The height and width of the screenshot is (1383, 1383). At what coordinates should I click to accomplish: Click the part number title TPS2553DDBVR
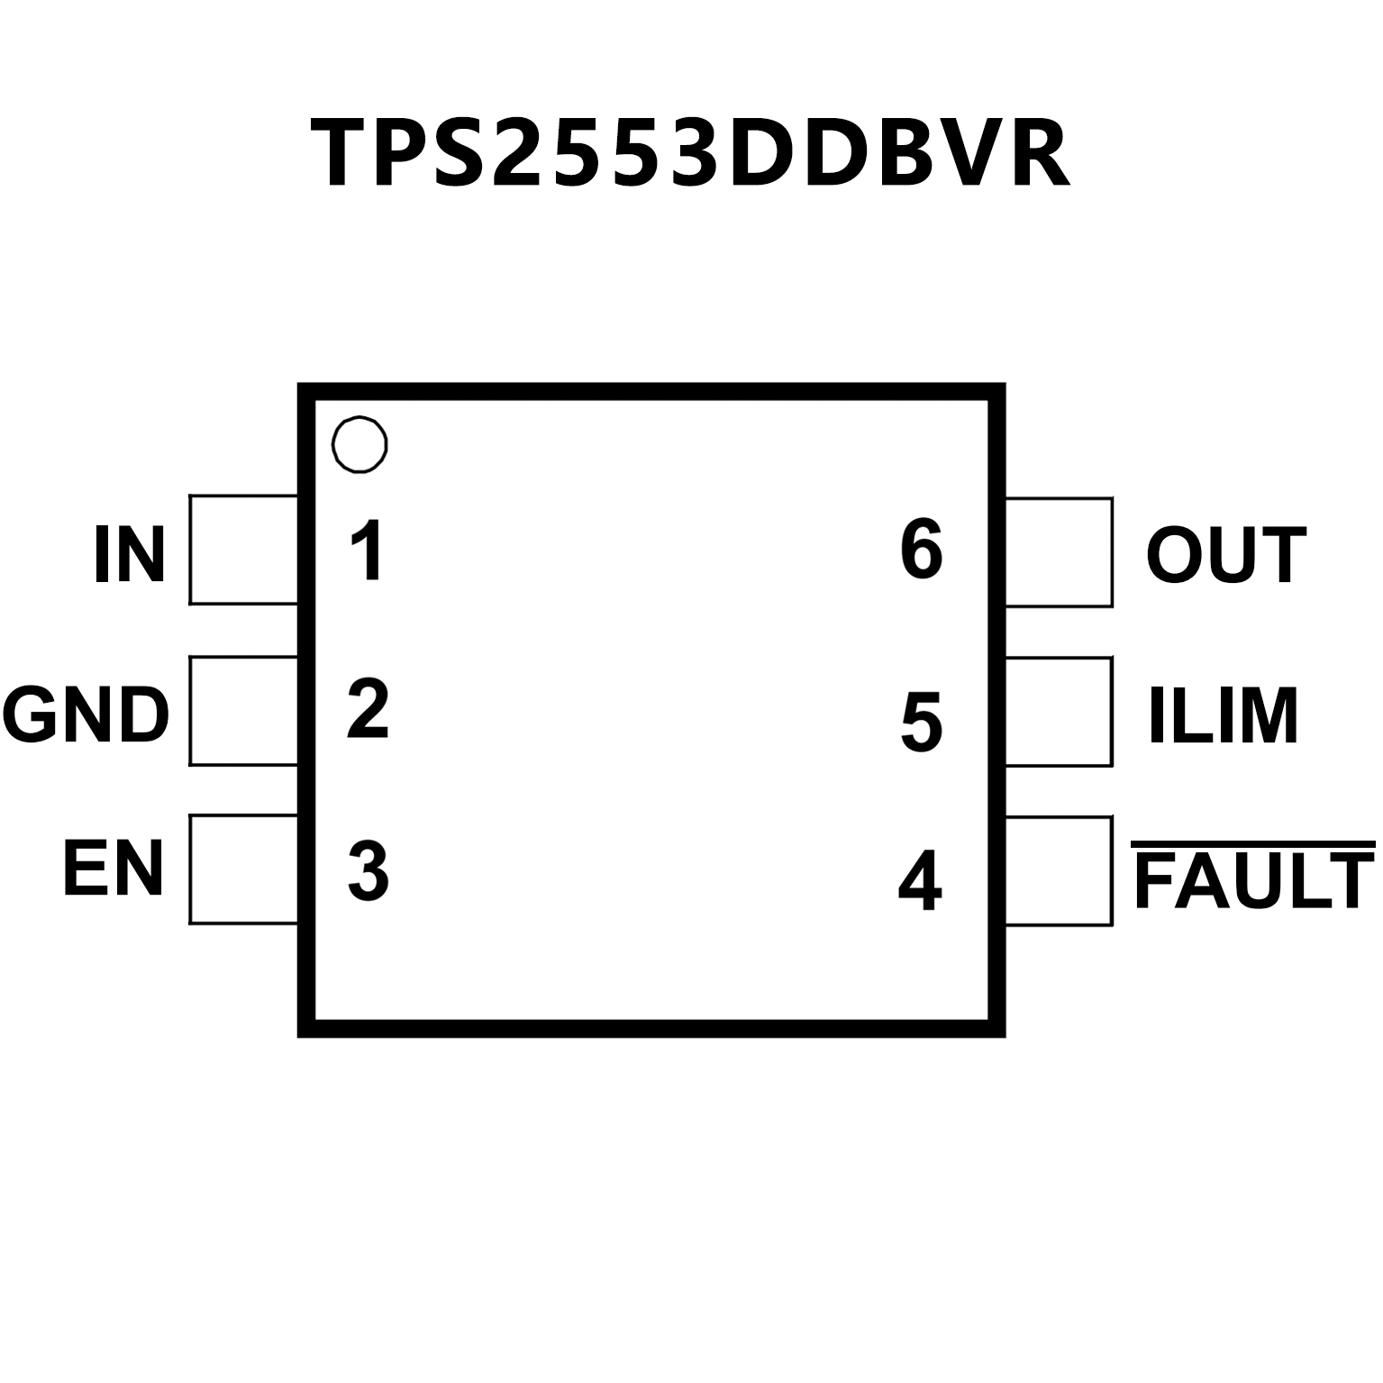(690, 153)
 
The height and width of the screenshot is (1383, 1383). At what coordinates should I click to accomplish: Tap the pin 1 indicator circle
(359, 444)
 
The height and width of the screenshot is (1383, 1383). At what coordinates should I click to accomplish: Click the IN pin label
(130, 555)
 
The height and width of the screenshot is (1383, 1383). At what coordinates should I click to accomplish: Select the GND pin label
(86, 714)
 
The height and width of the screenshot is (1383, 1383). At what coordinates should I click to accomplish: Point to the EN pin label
(114, 869)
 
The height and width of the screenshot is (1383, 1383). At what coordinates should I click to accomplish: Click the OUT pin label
(1226, 555)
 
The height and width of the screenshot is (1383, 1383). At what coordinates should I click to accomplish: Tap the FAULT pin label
(1253, 880)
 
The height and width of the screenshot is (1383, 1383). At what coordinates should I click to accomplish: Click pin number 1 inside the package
(368, 550)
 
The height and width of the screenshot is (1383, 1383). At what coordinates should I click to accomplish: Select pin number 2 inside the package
(368, 710)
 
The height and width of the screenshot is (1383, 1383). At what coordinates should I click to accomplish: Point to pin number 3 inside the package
(368, 870)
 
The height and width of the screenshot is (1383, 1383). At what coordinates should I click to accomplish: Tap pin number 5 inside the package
(921, 721)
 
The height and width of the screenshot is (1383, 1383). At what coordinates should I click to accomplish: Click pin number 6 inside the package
(921, 550)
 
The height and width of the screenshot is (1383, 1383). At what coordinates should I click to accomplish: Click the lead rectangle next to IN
(243, 550)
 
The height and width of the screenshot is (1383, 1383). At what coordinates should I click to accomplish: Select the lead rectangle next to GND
(243, 711)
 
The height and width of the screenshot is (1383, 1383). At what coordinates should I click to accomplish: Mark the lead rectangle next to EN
(243, 869)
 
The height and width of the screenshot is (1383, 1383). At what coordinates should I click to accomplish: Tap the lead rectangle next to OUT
(1059, 551)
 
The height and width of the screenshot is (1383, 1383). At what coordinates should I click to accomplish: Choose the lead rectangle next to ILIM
(1059, 712)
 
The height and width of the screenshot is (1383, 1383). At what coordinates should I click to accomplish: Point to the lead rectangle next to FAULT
(1059, 871)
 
